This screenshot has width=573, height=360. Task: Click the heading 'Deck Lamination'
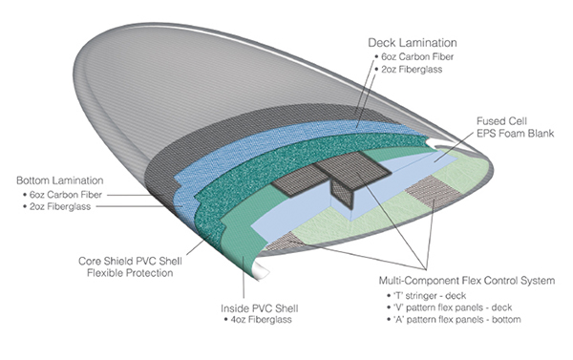(413, 43)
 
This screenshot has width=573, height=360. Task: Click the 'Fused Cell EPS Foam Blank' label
(516, 127)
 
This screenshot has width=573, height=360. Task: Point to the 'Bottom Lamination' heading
(60, 180)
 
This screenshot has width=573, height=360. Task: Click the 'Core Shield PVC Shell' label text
(130, 261)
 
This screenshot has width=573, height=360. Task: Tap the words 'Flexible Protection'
(130, 273)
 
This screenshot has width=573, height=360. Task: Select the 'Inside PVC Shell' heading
(260, 308)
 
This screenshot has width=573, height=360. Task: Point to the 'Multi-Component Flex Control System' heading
(467, 281)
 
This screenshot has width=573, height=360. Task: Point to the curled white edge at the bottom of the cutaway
(261, 270)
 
